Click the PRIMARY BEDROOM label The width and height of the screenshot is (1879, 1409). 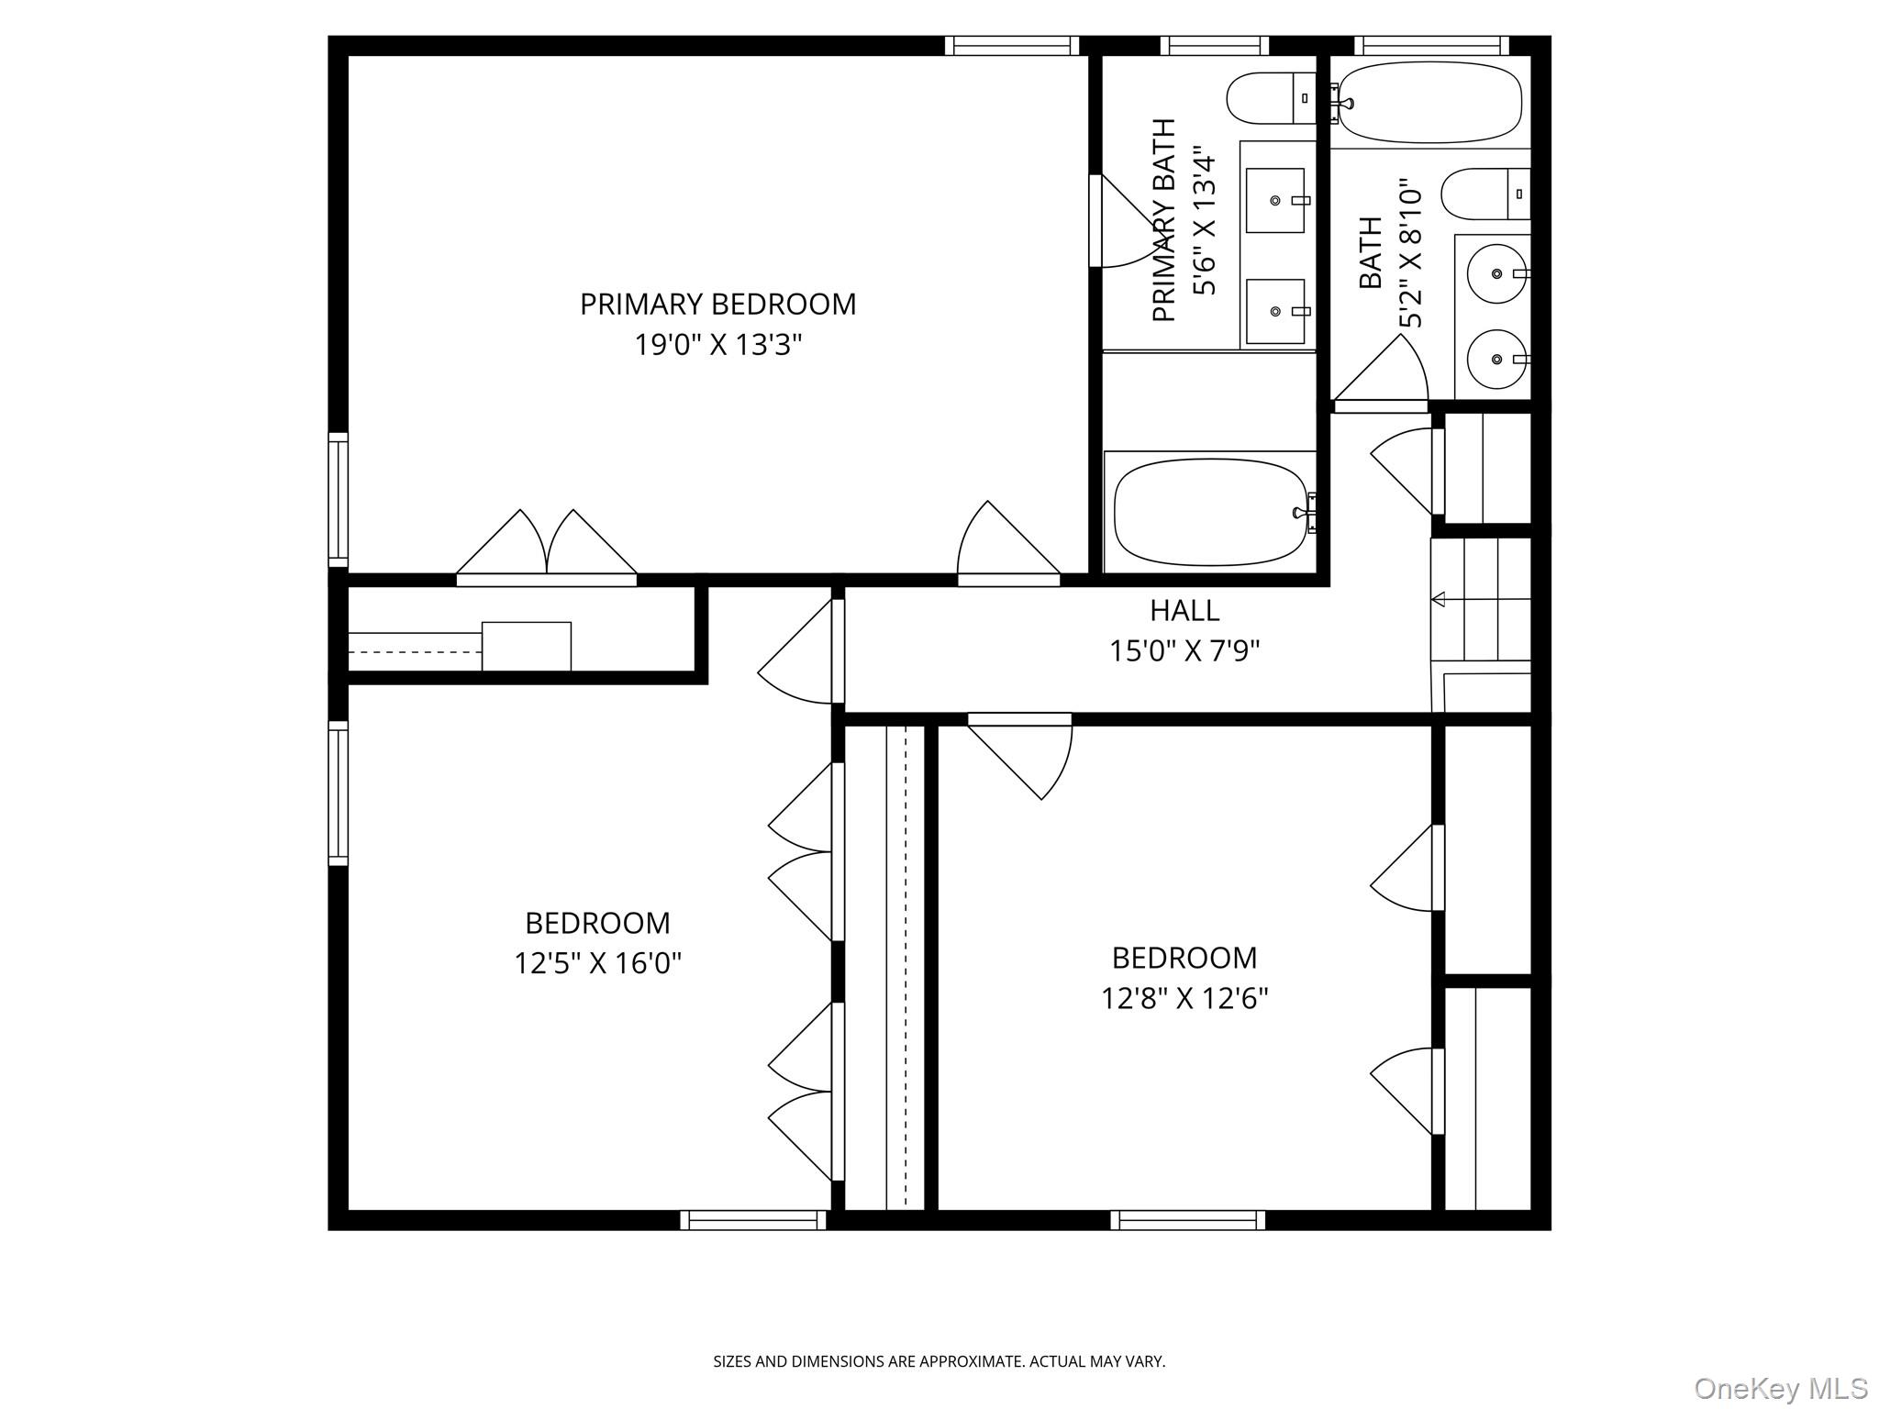click(717, 304)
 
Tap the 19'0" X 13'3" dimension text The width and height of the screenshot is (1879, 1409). click(717, 346)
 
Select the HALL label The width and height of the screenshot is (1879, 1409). click(1184, 610)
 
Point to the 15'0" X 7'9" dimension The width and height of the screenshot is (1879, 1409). click(1184, 651)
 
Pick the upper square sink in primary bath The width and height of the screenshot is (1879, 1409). click(1275, 200)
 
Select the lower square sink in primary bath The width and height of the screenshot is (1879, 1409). click(1275, 312)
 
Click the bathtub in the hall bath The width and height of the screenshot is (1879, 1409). click(1429, 102)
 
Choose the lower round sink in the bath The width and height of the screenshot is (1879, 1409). click(1495, 359)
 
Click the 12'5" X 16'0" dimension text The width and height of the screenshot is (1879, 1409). click(597, 964)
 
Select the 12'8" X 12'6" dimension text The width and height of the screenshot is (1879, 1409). click(1184, 998)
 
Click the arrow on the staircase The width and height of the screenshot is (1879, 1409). click(1438, 600)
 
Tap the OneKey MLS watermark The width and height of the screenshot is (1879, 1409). click(1780, 1388)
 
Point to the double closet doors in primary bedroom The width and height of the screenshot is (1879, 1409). click(547, 547)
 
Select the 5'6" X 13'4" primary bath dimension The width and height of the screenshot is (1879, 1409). click(1204, 224)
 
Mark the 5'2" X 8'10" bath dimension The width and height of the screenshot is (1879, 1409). click(1409, 253)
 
